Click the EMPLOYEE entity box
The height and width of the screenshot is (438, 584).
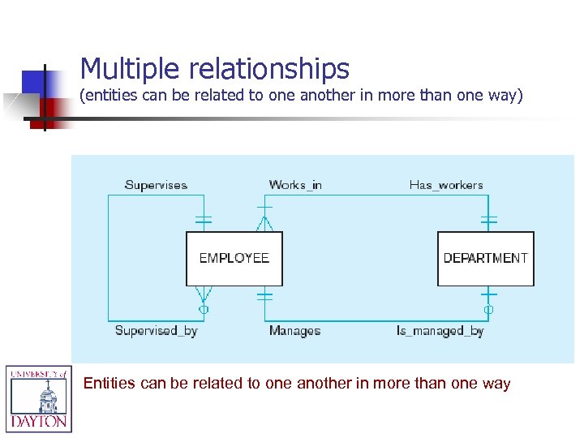[234, 259]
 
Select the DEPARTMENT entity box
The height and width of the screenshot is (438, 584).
[485, 259]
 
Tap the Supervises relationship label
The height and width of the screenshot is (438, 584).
[156, 185]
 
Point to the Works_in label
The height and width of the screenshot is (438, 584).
[295, 185]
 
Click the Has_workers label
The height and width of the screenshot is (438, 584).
[446, 185]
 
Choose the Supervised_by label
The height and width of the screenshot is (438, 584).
[156, 330]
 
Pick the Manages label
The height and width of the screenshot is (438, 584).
[294, 330]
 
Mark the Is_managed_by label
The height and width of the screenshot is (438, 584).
[440, 330]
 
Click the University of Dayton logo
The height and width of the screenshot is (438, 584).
[39, 398]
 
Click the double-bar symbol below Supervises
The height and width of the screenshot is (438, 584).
[203, 220]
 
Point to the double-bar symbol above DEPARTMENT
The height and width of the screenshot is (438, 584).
[488, 220]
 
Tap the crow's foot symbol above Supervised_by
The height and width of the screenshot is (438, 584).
[203, 294]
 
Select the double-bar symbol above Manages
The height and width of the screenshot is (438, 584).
[264, 297]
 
